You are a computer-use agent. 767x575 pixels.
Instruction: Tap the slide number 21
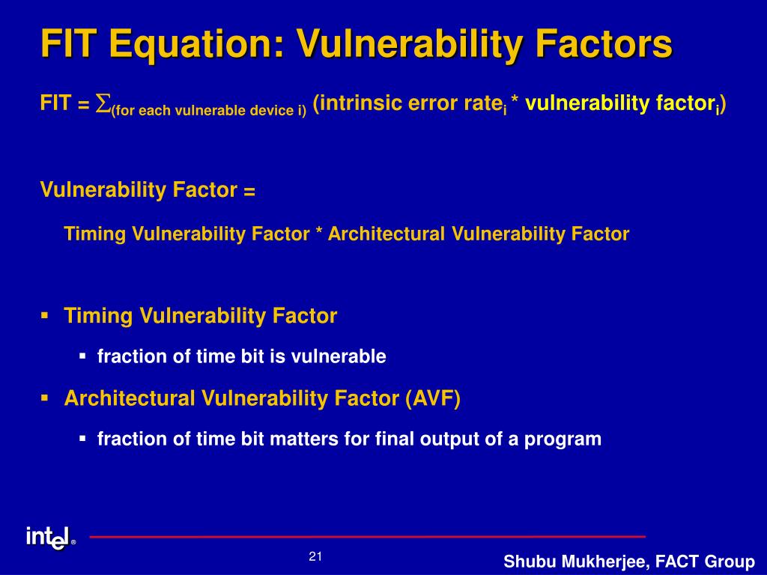coord(315,556)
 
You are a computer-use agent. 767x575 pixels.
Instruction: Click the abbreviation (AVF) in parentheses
coord(433,398)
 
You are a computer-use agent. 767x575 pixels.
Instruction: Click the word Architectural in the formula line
coord(386,234)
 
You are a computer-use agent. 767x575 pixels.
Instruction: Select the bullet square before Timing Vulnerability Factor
coord(44,316)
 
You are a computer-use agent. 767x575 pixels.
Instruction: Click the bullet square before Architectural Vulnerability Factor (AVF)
coord(44,398)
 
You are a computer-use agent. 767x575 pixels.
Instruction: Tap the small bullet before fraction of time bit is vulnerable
coord(82,356)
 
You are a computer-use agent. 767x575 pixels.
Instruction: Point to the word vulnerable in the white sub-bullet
coord(339,356)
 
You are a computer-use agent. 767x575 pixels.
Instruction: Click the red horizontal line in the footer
coord(367,537)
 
